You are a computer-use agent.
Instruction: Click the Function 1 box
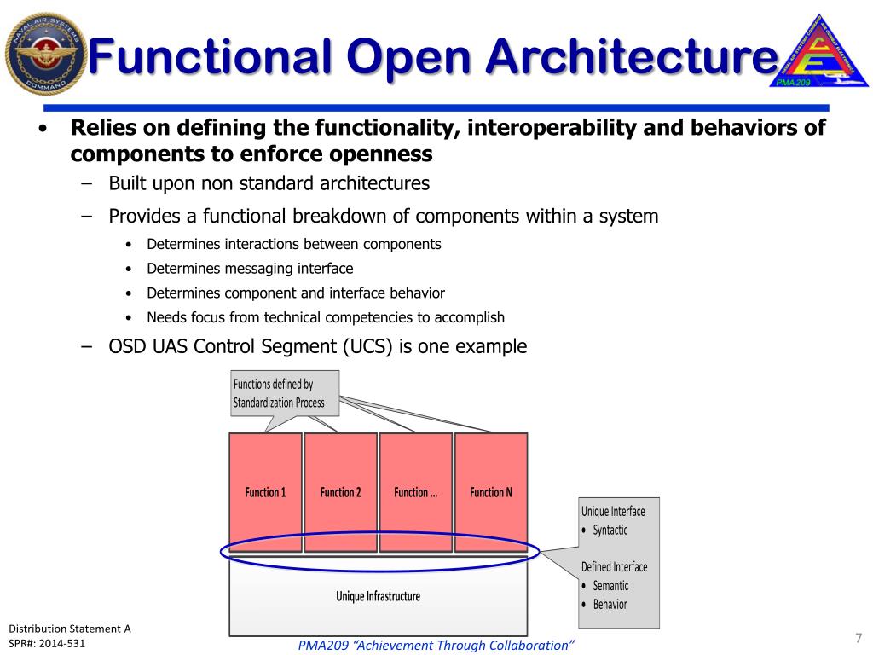tap(265, 492)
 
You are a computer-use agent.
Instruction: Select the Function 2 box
tap(340, 492)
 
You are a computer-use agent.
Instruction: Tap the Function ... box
tap(415, 492)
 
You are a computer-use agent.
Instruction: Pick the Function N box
tap(491, 492)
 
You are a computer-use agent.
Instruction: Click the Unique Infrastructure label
tap(378, 596)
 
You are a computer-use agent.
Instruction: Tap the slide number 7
tap(858, 638)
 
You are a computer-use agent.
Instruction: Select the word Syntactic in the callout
tap(610, 530)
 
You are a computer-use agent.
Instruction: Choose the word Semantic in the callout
tap(610, 586)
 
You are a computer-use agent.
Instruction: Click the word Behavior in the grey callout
tap(610, 605)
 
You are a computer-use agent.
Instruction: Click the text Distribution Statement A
tap(70, 629)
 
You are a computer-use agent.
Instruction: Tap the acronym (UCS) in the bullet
tap(387, 347)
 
